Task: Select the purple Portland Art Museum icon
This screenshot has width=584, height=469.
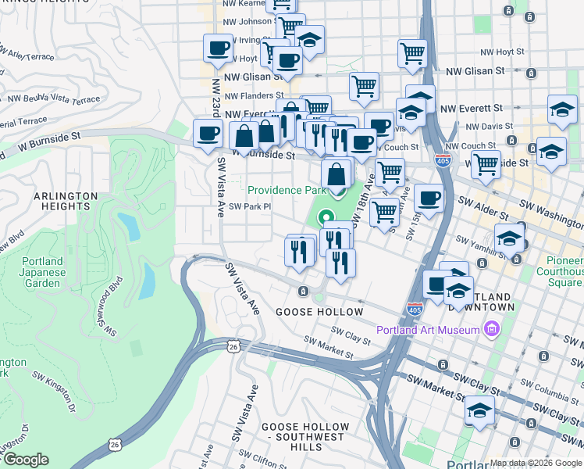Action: click(490, 329)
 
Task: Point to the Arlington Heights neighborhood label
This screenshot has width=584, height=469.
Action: click(65, 201)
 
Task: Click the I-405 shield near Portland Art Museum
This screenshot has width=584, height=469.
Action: click(415, 310)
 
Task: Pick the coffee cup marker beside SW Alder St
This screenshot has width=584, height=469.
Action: click(429, 199)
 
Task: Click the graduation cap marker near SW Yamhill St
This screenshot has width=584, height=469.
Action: click(509, 237)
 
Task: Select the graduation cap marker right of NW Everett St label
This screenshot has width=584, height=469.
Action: click(562, 111)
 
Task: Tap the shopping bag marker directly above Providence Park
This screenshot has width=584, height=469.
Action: click(337, 174)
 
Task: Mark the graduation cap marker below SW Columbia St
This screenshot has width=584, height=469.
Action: click(479, 411)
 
